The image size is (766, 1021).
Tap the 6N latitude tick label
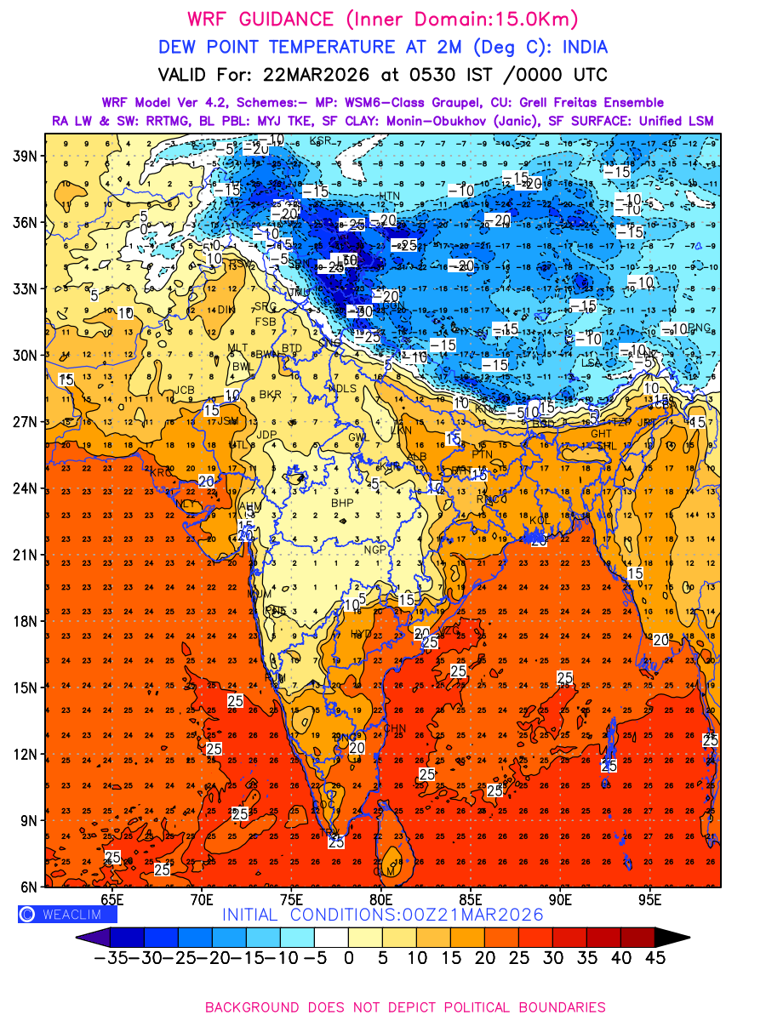(x=28, y=887)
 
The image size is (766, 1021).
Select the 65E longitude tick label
(x=111, y=899)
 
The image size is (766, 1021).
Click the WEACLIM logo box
(x=67, y=915)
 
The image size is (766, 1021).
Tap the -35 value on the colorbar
(x=111, y=957)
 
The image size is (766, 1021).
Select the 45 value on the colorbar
(x=654, y=957)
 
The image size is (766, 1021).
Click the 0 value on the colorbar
(x=348, y=957)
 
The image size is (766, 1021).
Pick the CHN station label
(x=395, y=728)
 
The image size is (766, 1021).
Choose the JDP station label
(x=267, y=435)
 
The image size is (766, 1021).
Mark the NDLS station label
(x=342, y=389)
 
